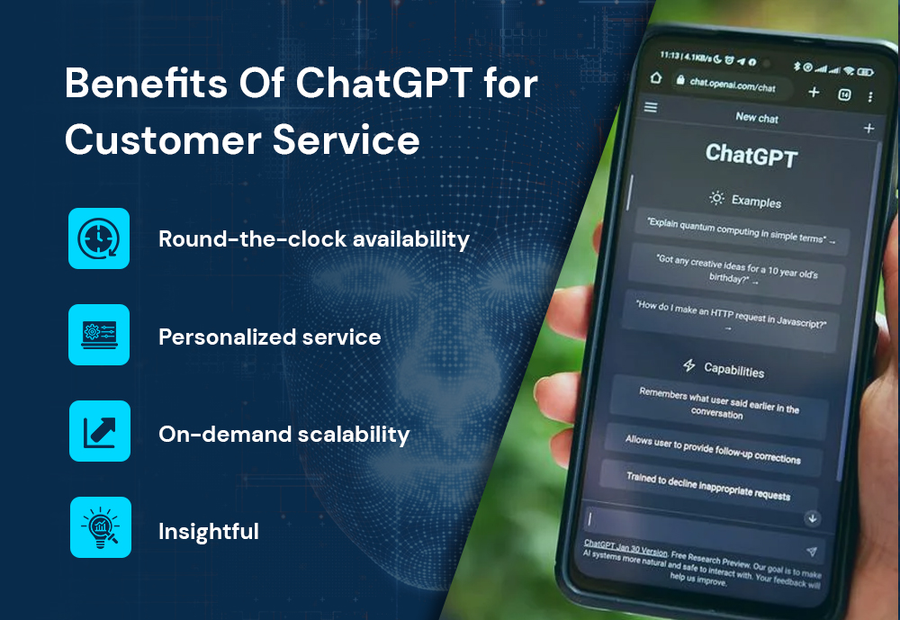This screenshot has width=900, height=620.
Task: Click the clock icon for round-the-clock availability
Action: (99, 238)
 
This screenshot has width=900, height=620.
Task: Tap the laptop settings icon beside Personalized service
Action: (99, 335)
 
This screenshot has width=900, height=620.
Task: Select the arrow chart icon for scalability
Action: (100, 431)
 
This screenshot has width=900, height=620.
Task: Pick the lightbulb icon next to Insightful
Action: (101, 527)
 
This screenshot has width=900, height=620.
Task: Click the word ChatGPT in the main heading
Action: (384, 84)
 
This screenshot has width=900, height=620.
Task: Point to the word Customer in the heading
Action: (163, 139)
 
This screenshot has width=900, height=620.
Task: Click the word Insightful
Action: (209, 532)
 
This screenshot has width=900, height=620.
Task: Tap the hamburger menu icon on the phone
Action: (651, 107)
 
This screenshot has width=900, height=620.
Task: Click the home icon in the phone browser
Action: (656, 77)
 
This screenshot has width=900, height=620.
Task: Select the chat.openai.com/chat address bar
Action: (732, 85)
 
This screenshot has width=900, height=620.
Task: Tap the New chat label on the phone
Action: (757, 118)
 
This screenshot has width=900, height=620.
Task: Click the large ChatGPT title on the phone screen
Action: (751, 155)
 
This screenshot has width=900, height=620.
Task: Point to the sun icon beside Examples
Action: (716, 198)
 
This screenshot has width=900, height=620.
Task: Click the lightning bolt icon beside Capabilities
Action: (689, 365)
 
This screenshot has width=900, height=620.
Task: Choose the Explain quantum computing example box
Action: (742, 230)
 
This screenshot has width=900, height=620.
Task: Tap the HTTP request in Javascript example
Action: (730, 318)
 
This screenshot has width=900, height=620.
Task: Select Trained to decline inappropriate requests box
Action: (708, 486)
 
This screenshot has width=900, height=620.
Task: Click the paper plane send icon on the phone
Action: (812, 551)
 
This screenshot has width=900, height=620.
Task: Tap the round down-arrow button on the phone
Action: (812, 518)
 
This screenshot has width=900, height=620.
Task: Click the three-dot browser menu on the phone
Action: (870, 97)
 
